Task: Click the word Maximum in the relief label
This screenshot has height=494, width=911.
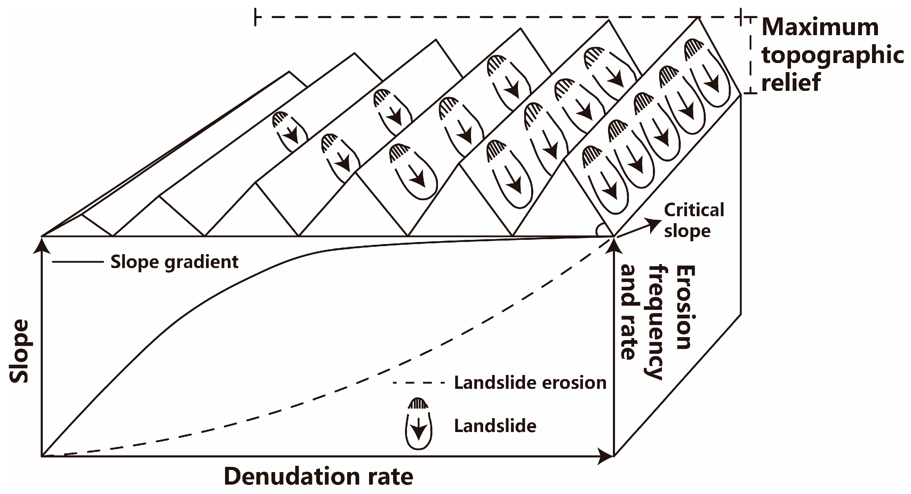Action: [x=820, y=28]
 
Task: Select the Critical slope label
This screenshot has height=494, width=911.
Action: [x=694, y=220]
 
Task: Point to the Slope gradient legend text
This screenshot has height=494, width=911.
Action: [x=174, y=262]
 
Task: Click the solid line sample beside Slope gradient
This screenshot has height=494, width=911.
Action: [x=78, y=262]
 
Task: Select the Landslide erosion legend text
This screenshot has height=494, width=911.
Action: [x=530, y=383]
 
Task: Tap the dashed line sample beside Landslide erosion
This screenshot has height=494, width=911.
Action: [x=419, y=383]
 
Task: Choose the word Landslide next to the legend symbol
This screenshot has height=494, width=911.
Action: [x=495, y=426]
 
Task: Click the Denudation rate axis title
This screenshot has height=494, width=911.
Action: [x=318, y=476]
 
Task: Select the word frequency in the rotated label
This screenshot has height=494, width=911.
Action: [x=656, y=322]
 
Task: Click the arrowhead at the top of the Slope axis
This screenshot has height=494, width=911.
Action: [x=42, y=245]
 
